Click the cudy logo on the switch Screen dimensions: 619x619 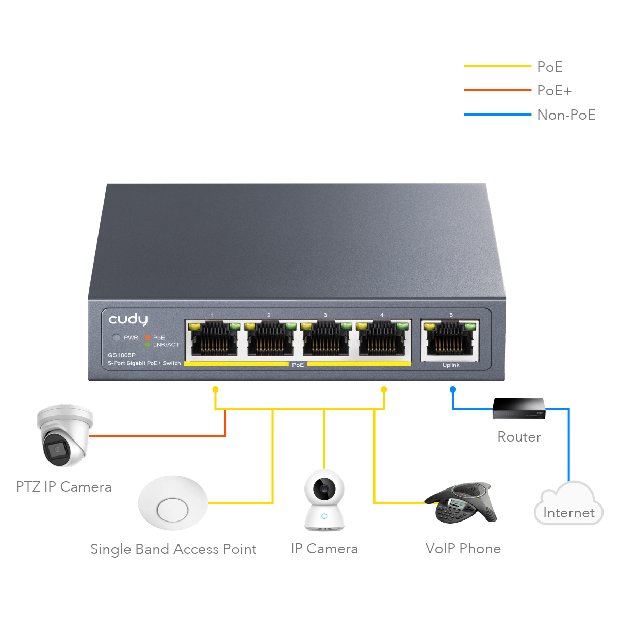coord(128,320)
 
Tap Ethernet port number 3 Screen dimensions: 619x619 coord(325,339)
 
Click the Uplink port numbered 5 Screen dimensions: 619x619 coord(450,339)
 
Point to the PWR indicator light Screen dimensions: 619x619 coord(117,338)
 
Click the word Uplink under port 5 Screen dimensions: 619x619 coord(451,365)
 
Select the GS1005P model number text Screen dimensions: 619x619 coord(122,355)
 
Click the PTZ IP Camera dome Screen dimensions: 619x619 coord(64,435)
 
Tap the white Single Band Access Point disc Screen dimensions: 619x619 coord(173,503)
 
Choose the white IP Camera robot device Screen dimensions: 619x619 coord(324,500)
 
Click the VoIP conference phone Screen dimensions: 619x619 coord(462,502)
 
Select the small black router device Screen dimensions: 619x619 coord(518,408)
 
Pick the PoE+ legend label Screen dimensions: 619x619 coord(554,91)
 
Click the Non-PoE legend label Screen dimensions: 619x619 coord(566,115)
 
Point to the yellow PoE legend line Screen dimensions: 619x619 coord(497,66)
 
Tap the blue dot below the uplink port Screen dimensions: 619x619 coord(453,389)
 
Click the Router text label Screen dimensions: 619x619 coord(519,437)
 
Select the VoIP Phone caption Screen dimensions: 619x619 coord(463,549)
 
